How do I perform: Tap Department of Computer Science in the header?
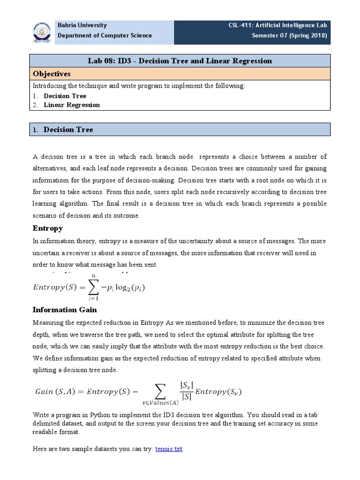pyautogui.click(x=104, y=36)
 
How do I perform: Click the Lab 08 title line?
pyautogui.click(x=180, y=61)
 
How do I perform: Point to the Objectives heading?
pyautogui.click(x=51, y=74)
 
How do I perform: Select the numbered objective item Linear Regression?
pyautogui.click(x=72, y=105)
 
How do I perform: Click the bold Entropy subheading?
pyautogui.click(x=47, y=228)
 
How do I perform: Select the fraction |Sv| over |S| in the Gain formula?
pyautogui.click(x=186, y=391)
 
